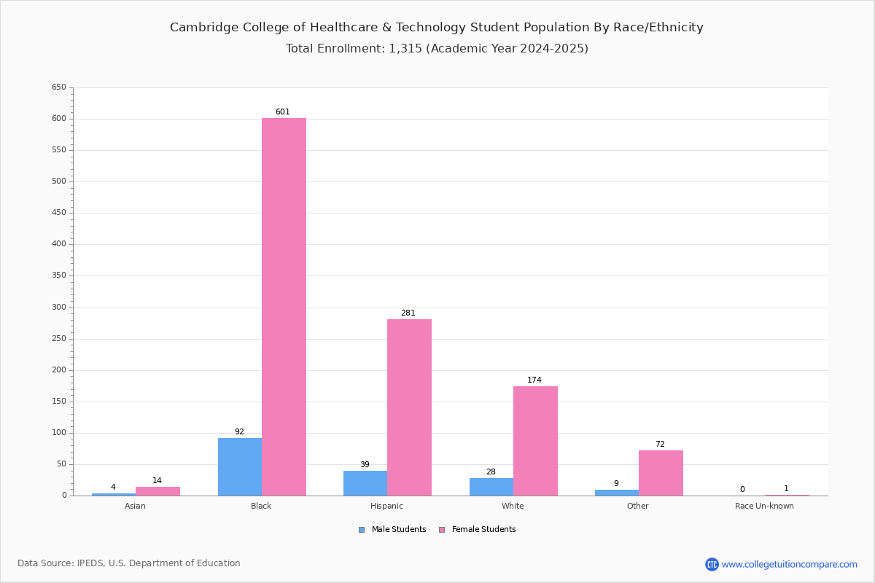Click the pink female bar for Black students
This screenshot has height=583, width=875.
pyautogui.click(x=284, y=307)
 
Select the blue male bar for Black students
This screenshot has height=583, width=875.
pyautogui.click(x=240, y=467)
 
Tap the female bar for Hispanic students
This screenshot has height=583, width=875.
pyautogui.click(x=409, y=407)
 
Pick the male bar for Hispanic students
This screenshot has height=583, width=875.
pyautogui.click(x=365, y=483)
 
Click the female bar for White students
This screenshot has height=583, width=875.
pyautogui.click(x=535, y=441)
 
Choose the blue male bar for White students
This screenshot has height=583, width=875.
pyautogui.click(x=491, y=487)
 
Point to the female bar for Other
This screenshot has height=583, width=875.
pyautogui.click(x=661, y=473)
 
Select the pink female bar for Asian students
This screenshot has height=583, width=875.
pyautogui.click(x=157, y=491)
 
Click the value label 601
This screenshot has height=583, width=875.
pyautogui.click(x=283, y=111)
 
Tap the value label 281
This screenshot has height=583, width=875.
pyautogui.click(x=408, y=313)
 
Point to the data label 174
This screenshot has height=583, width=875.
pyautogui.click(x=534, y=380)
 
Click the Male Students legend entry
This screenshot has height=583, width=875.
pyautogui.click(x=392, y=529)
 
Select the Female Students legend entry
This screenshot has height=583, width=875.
pyautogui.click(x=478, y=529)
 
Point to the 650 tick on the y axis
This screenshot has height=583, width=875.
pyautogui.click(x=59, y=87)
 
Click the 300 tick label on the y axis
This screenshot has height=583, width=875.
pyautogui.click(x=59, y=308)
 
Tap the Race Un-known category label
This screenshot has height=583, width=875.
pyautogui.click(x=764, y=506)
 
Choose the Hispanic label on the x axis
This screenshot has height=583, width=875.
pyautogui.click(x=386, y=506)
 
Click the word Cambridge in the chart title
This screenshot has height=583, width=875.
pyautogui.click(x=204, y=28)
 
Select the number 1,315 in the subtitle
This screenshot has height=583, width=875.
pyautogui.click(x=405, y=48)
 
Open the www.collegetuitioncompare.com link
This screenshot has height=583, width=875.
pyautogui.click(x=789, y=564)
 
